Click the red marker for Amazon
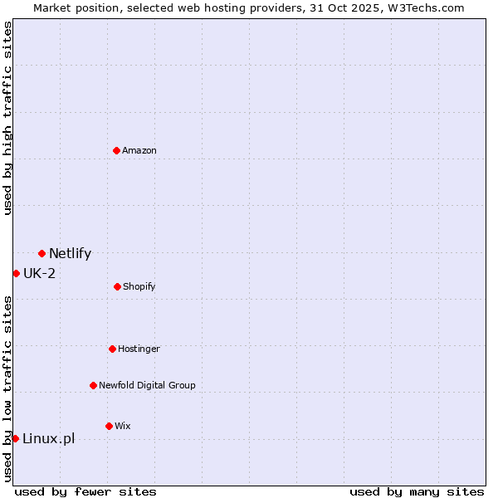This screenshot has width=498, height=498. coord(116,150)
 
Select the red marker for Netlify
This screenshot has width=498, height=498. coord(41,253)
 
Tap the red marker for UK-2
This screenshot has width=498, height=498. coord(16,273)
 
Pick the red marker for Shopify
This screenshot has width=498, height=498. coord(117,286)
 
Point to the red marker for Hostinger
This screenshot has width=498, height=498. coord(112,349)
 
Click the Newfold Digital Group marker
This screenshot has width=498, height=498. coord(93,385)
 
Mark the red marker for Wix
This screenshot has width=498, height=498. coord(109,426)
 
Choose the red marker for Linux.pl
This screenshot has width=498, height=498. coord(15,438)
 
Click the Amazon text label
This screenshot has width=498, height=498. coord(139,150)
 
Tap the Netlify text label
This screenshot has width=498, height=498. coord(70,254)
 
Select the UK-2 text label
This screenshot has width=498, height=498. coord(39,273)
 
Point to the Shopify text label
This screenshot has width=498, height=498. coord(139,286)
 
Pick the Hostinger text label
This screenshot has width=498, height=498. coord(139,349)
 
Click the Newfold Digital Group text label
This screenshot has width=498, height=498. coord(147,385)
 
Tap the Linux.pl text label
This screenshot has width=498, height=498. coord(48,438)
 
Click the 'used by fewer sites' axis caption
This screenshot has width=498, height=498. coord(85,491)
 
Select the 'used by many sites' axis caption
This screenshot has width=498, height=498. coord(416,491)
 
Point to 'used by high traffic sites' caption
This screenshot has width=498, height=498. coord(7,118)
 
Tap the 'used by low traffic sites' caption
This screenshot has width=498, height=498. coord(7,388)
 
